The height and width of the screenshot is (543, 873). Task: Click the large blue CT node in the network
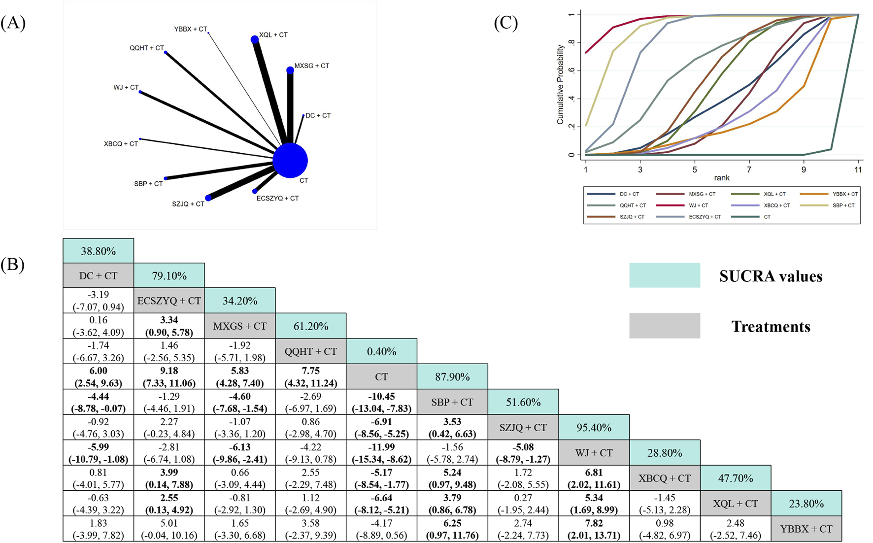(x=290, y=161)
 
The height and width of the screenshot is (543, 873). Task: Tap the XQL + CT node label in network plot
(x=273, y=35)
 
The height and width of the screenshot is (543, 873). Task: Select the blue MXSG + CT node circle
(x=290, y=70)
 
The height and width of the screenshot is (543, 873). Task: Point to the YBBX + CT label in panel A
(x=191, y=29)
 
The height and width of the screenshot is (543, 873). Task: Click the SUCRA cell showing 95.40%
(x=594, y=427)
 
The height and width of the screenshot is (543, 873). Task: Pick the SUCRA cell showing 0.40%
(x=381, y=351)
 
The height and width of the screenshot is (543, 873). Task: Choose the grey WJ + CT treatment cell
(x=594, y=453)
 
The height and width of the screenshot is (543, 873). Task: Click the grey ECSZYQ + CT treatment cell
(x=169, y=301)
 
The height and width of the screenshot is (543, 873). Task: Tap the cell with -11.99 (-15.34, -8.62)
(x=381, y=453)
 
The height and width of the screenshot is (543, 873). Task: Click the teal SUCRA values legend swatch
(x=664, y=275)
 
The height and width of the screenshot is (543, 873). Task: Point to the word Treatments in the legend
(x=771, y=326)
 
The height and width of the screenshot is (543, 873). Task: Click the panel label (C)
(x=505, y=23)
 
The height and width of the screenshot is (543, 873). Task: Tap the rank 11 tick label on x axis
(x=858, y=170)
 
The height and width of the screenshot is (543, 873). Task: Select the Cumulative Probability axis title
(x=560, y=85)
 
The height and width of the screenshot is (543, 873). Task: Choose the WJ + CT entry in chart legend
(x=698, y=205)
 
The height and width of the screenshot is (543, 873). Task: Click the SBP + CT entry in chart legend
(x=843, y=205)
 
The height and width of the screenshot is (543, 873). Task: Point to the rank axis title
(x=721, y=177)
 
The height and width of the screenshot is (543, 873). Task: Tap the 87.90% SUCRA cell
(x=452, y=377)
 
